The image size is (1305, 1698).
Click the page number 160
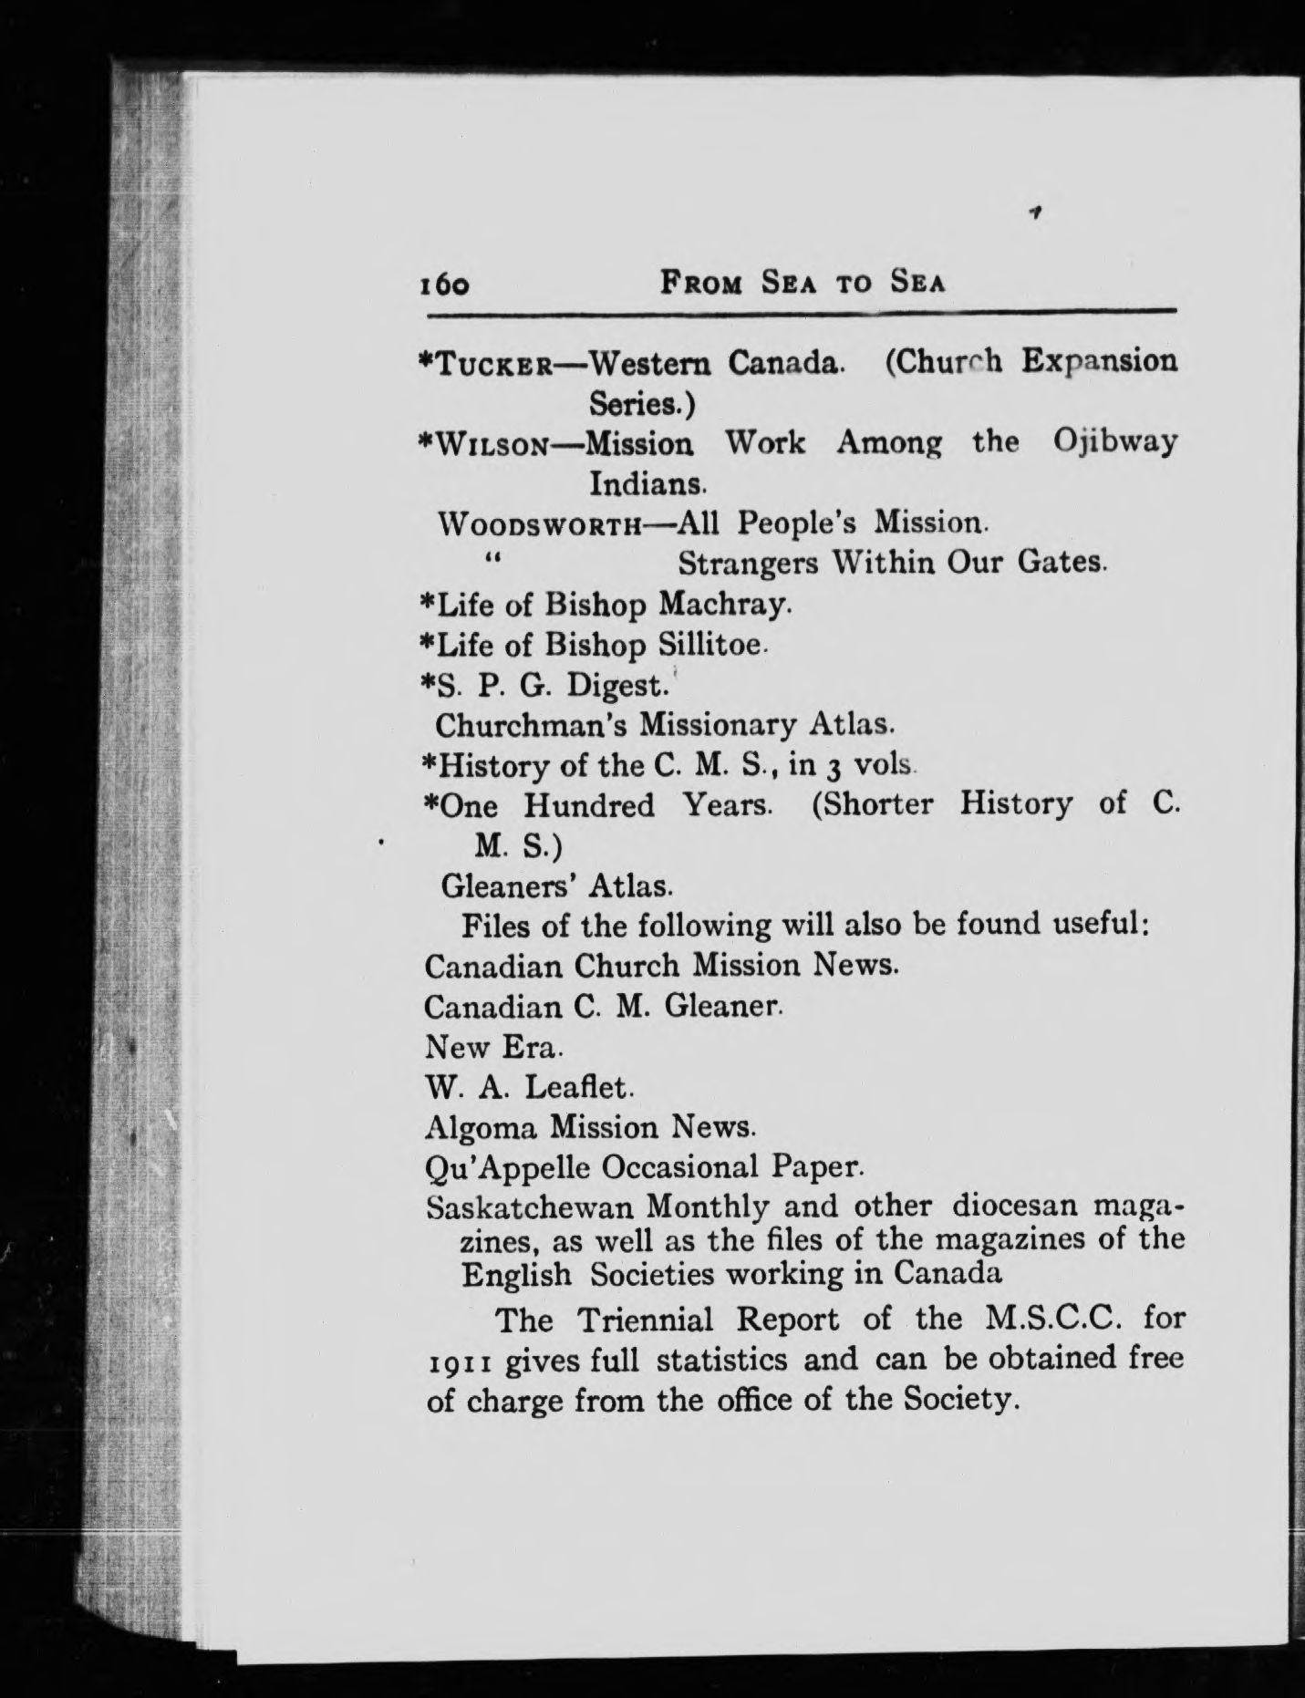(444, 285)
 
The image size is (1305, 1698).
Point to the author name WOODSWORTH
(542, 525)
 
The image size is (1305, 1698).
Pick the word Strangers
(748, 564)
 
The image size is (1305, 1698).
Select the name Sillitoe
(709, 645)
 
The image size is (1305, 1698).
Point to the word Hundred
(589, 806)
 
